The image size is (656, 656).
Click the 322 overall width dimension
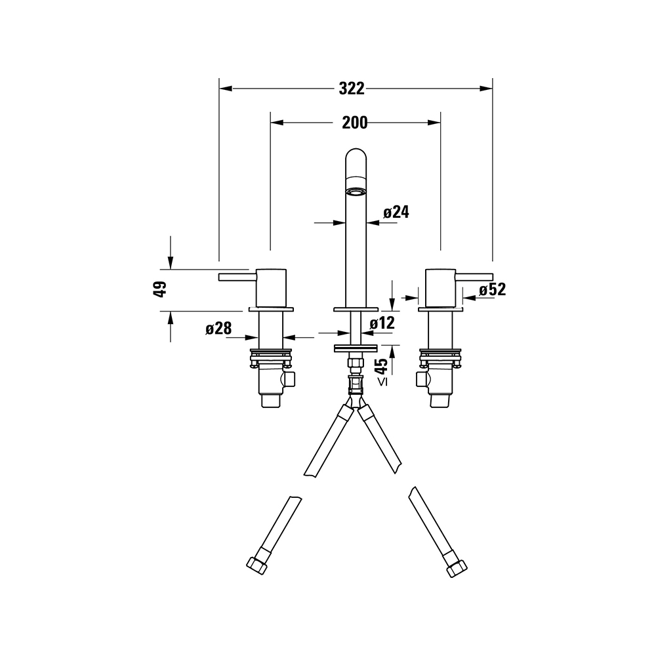(x=352, y=89)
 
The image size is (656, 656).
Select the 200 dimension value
(x=355, y=123)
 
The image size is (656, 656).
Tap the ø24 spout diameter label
(x=396, y=212)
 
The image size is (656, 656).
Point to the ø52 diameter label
(x=493, y=289)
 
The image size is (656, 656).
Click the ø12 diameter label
(x=382, y=323)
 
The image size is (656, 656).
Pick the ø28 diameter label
(x=218, y=329)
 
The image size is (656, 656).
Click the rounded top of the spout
(x=356, y=154)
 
